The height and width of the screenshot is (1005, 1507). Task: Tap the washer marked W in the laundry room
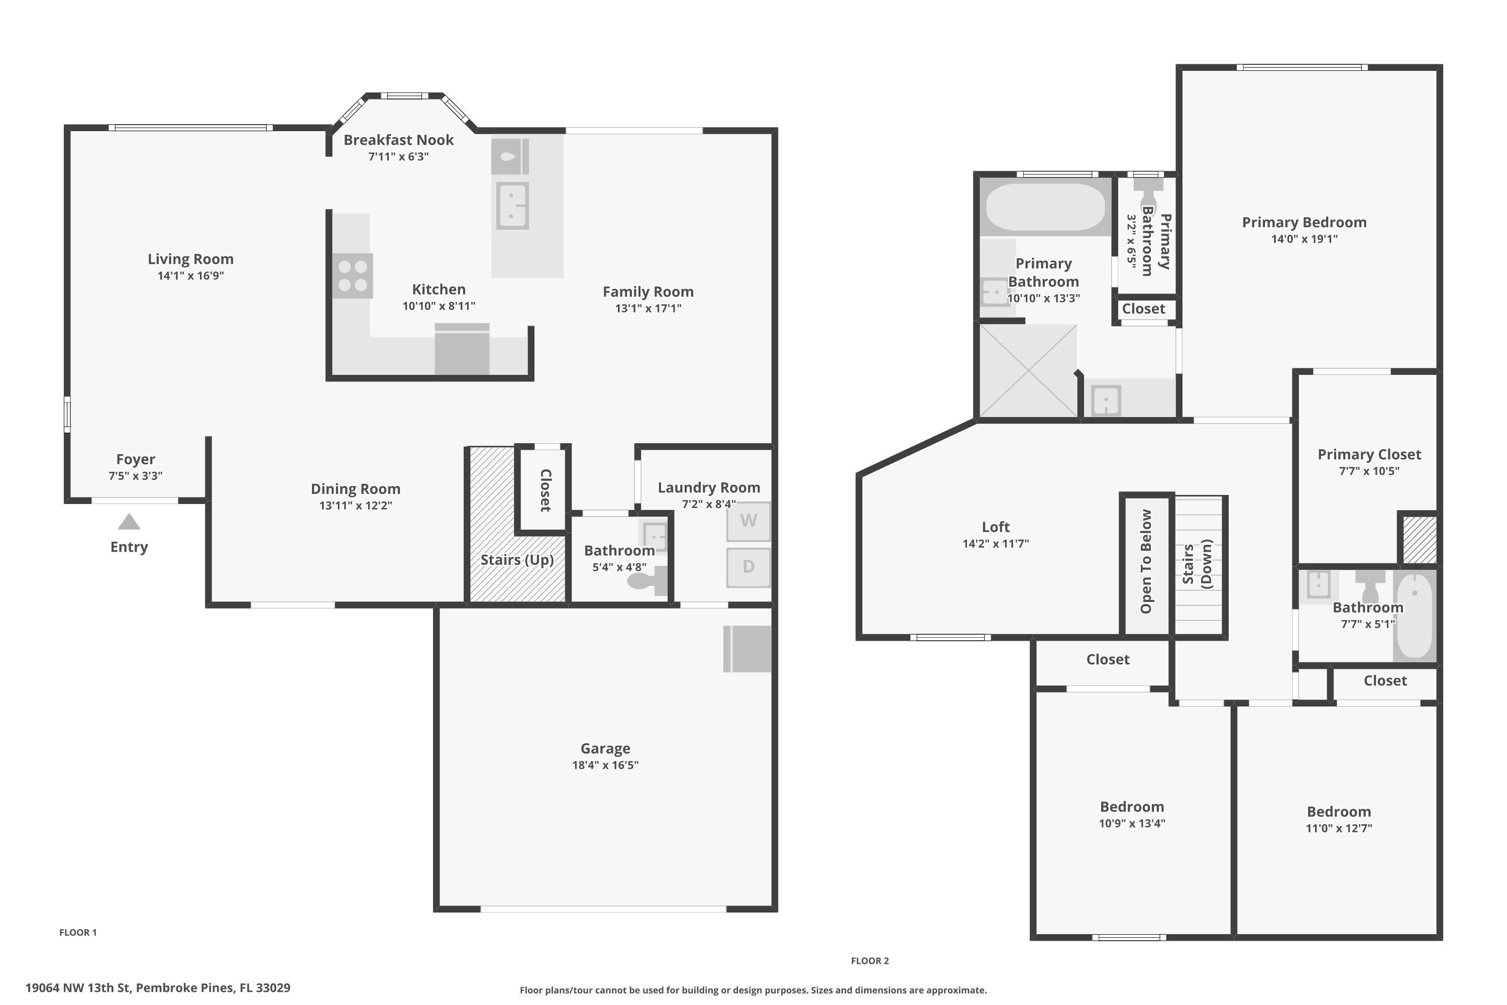tap(748, 521)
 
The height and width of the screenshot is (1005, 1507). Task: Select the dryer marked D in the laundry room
tap(748, 567)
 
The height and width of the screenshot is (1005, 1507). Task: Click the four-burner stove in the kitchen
tap(353, 275)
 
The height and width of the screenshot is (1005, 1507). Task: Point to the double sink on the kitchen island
tap(512, 206)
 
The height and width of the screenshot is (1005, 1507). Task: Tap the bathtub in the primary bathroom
tap(1045, 207)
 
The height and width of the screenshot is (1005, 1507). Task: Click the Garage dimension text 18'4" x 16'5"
tap(605, 765)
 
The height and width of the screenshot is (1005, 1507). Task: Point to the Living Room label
tap(190, 259)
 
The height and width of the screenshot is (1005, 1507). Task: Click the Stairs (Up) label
tap(516, 560)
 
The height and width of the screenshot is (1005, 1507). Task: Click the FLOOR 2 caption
tap(870, 960)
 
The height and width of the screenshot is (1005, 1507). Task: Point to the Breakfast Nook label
tap(398, 140)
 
